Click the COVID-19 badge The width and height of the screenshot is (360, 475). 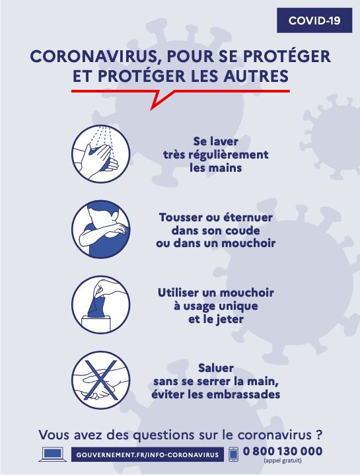tap(314, 20)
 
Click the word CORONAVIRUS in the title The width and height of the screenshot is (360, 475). tap(95, 56)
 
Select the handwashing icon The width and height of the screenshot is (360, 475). tap(101, 154)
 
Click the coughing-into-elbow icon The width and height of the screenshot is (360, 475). tap(101, 229)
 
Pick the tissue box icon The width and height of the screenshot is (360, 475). tap(101, 305)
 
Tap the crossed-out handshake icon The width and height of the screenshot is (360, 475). tap(101, 380)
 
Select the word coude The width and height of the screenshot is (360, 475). tap(244, 231)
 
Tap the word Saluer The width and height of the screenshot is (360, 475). tap(216, 368)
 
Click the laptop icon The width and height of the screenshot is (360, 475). tap(53, 454)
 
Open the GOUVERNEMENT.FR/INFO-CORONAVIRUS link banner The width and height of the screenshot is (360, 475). tap(147, 455)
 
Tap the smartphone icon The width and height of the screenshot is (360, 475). tap(233, 454)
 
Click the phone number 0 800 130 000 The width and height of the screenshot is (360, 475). tap(283, 451)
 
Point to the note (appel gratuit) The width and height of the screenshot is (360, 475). tap(283, 460)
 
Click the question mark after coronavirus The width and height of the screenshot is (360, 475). tap(318, 435)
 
